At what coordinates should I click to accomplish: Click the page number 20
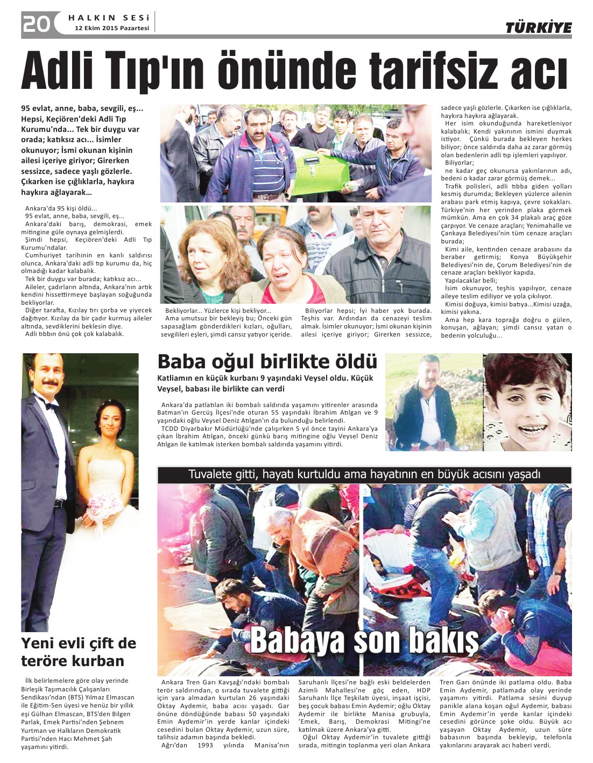[36, 24]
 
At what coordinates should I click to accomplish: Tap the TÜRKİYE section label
[538, 28]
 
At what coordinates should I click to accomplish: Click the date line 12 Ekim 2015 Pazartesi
[112, 28]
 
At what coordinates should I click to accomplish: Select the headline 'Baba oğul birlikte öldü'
[267, 361]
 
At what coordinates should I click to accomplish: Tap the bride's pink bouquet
[106, 506]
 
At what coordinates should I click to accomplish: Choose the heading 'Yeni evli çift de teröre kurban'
[79, 652]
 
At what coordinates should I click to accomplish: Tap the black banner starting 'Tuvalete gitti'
[364, 474]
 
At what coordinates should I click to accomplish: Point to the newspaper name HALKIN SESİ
[109, 18]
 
